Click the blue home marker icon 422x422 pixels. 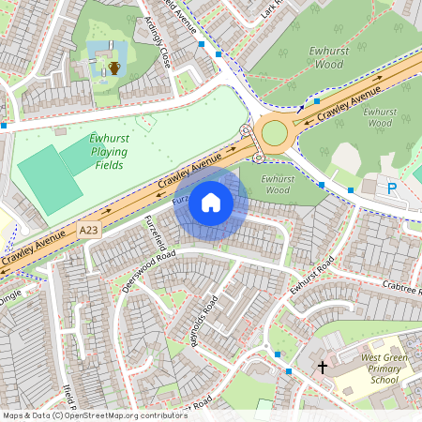tap(211, 202)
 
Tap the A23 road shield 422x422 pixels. tap(89, 230)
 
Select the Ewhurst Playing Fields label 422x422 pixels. tap(109, 152)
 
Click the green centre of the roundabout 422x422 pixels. tap(275, 132)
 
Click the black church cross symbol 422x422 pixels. tap(323, 366)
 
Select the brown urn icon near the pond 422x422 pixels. tap(113, 68)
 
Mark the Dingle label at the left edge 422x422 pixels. tap(8, 297)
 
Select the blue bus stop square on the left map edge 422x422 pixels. tap(4, 125)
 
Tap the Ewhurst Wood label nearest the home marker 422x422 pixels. tap(275, 183)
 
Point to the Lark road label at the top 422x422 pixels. tap(273, 9)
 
